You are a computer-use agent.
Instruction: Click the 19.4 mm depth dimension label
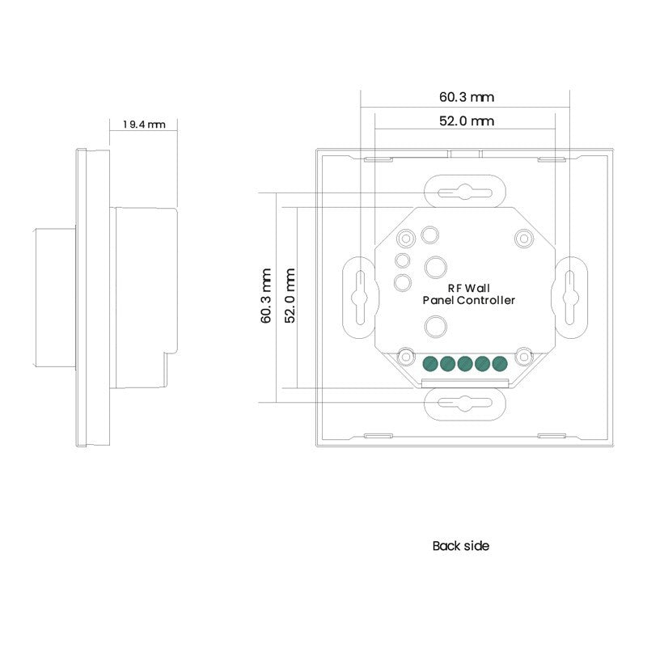pos(144,125)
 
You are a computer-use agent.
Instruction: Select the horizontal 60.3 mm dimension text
pos(467,97)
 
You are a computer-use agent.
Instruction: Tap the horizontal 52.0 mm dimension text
pos(467,121)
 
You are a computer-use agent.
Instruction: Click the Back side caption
pos(461,546)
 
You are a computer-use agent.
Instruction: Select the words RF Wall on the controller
pos(468,288)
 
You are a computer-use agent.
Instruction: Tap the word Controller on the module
pos(487,300)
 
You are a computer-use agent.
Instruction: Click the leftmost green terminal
pos(429,363)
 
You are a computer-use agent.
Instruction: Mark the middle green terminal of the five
pos(464,363)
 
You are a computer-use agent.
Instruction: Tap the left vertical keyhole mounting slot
pos(358,295)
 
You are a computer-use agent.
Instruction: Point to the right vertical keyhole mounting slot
pos(569,295)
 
